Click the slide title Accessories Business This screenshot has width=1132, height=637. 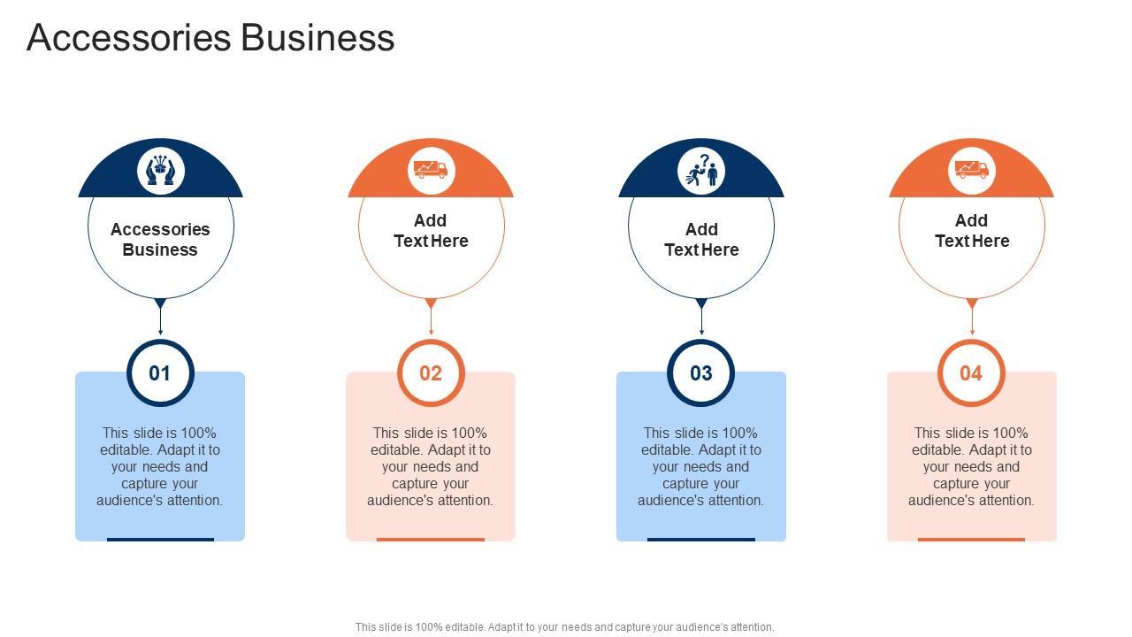point(210,38)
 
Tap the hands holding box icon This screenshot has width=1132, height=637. point(160,170)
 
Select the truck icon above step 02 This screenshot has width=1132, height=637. point(431,169)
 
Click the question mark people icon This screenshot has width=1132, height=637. point(701,170)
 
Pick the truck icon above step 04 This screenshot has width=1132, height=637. point(971,169)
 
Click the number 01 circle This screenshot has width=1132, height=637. point(160,372)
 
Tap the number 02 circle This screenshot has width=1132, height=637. point(431,372)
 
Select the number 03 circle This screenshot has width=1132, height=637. point(701,372)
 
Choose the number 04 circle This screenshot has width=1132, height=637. point(971,372)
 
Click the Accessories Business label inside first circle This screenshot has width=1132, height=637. point(160,240)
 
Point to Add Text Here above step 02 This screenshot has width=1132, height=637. point(431,231)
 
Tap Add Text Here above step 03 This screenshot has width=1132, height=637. point(701,240)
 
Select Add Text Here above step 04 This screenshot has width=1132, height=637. point(971,231)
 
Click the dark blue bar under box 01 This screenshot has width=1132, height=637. point(160,539)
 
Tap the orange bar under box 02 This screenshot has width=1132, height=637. point(431,539)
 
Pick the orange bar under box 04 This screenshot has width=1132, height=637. point(971,539)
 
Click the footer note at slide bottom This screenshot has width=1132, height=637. point(564,627)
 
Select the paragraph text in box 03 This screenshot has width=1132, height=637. point(701,466)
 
